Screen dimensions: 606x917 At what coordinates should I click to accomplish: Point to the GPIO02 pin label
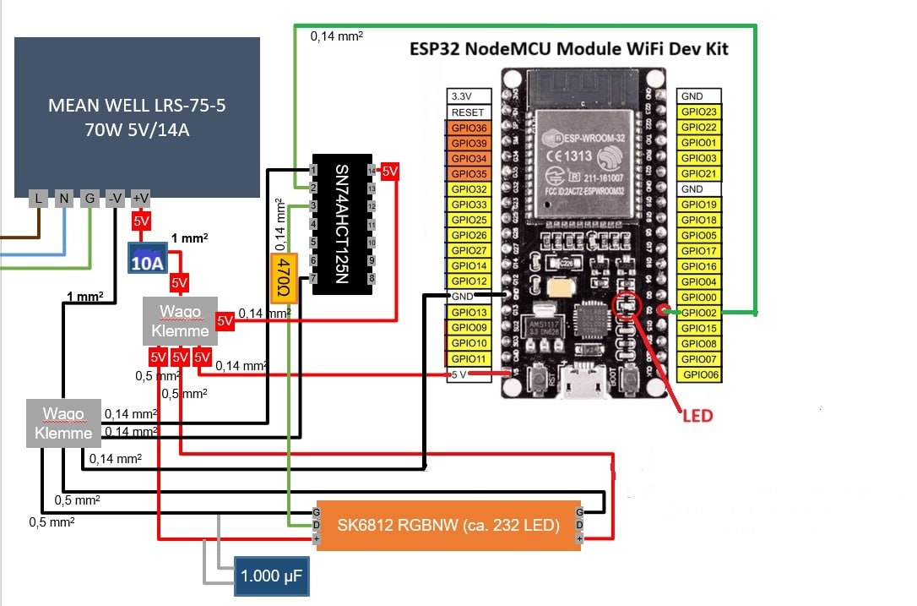tap(698, 313)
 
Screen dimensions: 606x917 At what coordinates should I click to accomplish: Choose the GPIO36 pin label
tap(469, 128)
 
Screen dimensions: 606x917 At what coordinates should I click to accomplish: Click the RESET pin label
tap(469, 112)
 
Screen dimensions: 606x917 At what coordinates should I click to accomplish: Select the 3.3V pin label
tap(469, 97)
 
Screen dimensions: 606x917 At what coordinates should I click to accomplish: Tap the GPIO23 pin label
tap(698, 112)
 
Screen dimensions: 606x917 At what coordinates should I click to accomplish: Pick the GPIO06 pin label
tap(698, 374)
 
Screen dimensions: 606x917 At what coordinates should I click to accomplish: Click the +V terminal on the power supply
tap(141, 199)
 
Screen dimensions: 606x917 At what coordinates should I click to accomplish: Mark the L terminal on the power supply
tap(38, 199)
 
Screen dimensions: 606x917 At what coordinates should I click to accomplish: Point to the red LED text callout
tap(697, 415)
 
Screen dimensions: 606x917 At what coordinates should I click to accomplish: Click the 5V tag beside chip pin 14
tap(389, 172)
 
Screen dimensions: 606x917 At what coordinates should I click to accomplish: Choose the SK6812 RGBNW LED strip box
tap(448, 525)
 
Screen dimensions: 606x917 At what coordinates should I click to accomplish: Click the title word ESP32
tap(433, 48)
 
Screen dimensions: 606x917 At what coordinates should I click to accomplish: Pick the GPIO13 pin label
tap(469, 313)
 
